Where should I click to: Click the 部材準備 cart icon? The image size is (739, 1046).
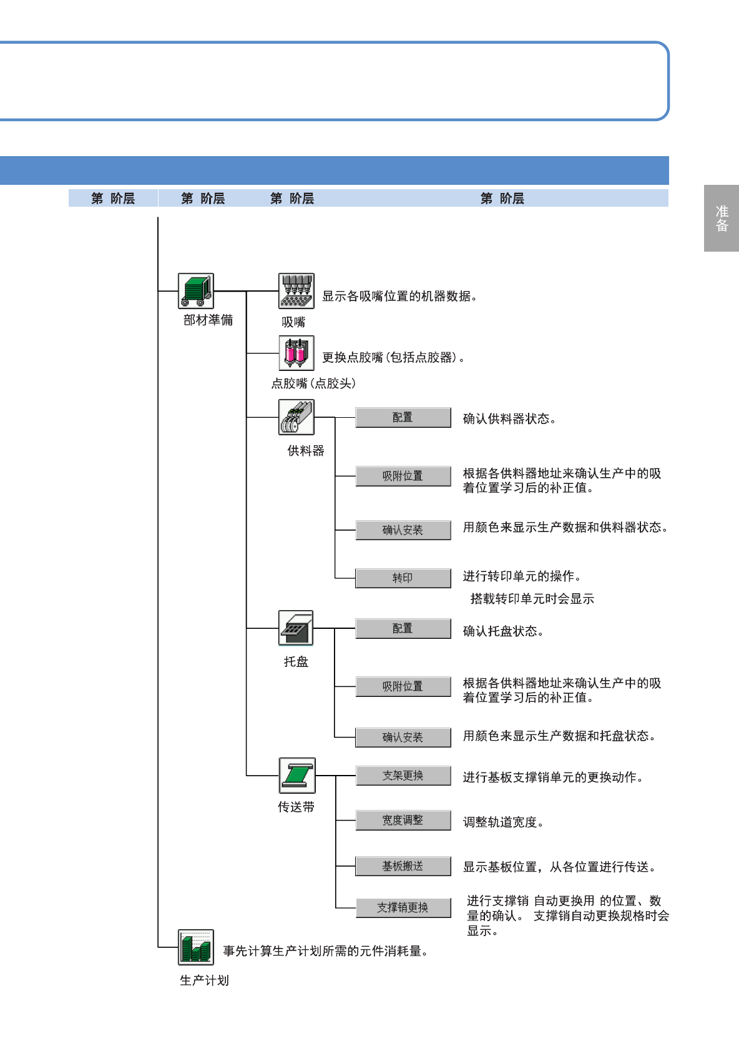tap(196, 291)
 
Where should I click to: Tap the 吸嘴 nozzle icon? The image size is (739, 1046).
tap(296, 291)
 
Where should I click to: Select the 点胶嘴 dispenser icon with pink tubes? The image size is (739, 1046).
tap(296, 353)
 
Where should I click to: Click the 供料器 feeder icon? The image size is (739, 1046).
tap(296, 417)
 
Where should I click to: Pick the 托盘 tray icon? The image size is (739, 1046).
tap(296, 628)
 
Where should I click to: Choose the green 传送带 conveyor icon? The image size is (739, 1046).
tap(296, 776)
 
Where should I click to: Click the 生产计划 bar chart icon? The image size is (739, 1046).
tap(196, 947)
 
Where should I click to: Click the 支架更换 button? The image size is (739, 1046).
tap(403, 776)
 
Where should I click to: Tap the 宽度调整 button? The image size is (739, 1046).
tap(403, 821)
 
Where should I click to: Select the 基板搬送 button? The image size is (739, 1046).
tap(403, 866)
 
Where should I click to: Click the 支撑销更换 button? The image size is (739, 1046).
tap(403, 908)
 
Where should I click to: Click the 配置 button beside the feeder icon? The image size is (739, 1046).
tap(403, 417)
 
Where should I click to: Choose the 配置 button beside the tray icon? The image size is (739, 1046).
tap(403, 628)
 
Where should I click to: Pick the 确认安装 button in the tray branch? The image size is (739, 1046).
tap(403, 738)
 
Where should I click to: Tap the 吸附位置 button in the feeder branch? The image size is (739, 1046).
tap(403, 476)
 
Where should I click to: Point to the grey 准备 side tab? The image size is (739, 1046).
tap(722, 218)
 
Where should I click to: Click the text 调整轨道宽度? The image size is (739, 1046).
tap(503, 822)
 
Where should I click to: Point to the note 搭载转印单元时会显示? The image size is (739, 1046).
tap(532, 599)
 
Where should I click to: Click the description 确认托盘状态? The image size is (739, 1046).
tap(503, 631)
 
